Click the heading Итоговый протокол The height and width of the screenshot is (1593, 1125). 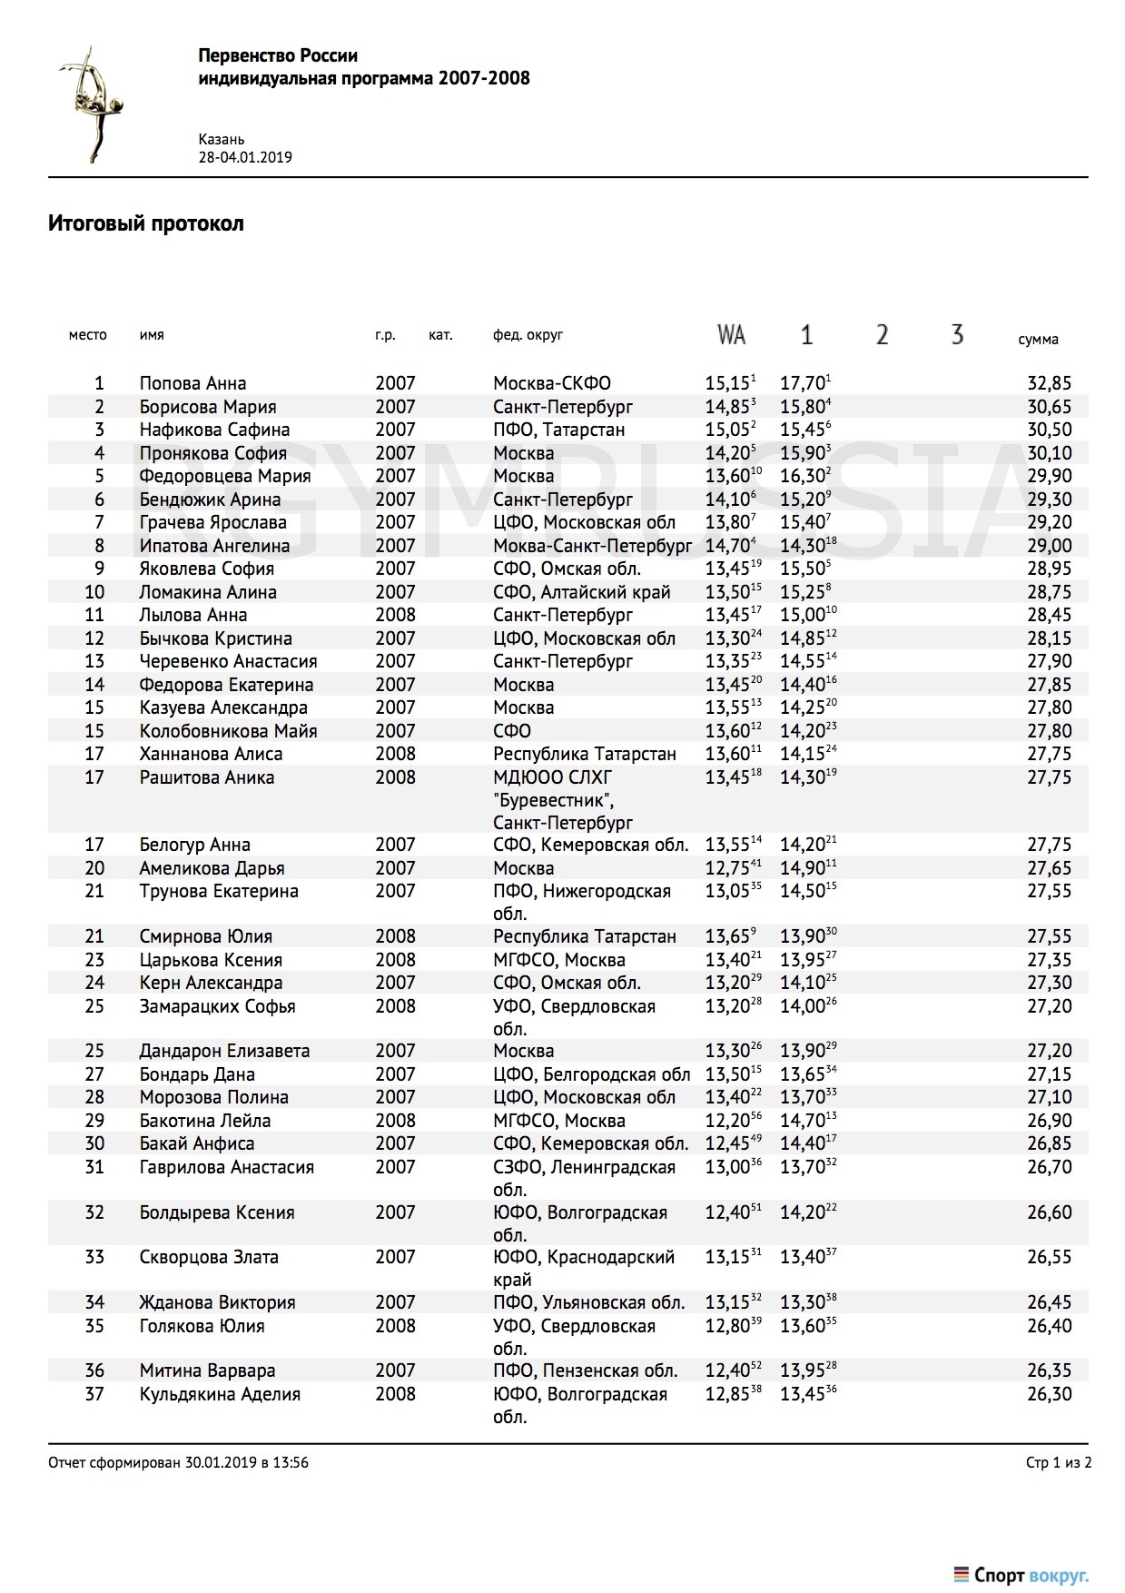146,223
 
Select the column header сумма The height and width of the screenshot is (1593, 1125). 1038,340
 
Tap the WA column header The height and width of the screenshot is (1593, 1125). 731,335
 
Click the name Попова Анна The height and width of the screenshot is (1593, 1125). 192,383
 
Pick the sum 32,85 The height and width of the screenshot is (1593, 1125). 1049,383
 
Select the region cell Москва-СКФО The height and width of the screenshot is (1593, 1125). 551,383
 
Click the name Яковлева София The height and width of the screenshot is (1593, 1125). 206,569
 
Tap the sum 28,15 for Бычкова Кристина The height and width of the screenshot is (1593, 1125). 1049,638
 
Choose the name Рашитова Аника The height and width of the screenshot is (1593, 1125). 206,777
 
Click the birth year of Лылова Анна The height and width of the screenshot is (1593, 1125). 395,615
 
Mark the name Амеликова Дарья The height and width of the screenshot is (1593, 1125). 212,868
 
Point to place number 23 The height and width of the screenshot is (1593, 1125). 94,960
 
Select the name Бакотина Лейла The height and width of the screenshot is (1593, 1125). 204,1121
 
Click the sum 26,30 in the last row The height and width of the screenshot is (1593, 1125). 1049,1394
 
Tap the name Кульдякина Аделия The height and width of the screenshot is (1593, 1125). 219,1394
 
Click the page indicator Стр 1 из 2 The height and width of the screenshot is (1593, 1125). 1058,1463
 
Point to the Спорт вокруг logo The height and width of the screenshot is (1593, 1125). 1021,1575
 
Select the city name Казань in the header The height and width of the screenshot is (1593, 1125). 222,140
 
